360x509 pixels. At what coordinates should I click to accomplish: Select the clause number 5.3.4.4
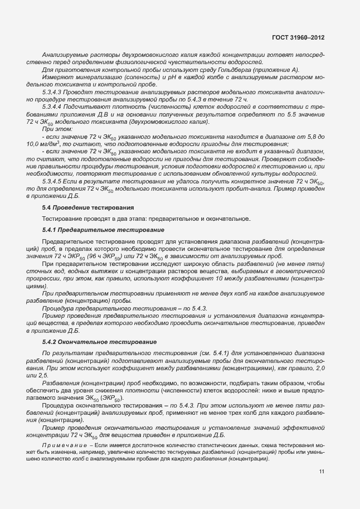pos(53,106)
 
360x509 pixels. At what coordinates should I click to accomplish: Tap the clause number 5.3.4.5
pos(53,182)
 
